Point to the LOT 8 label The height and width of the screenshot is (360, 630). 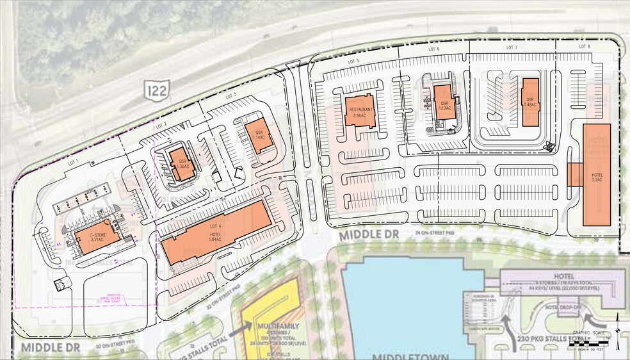click(x=583, y=47)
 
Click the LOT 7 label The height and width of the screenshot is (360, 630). click(x=511, y=47)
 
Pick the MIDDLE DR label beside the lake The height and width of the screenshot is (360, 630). click(x=369, y=236)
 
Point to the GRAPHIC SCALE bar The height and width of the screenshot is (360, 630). click(x=589, y=340)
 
